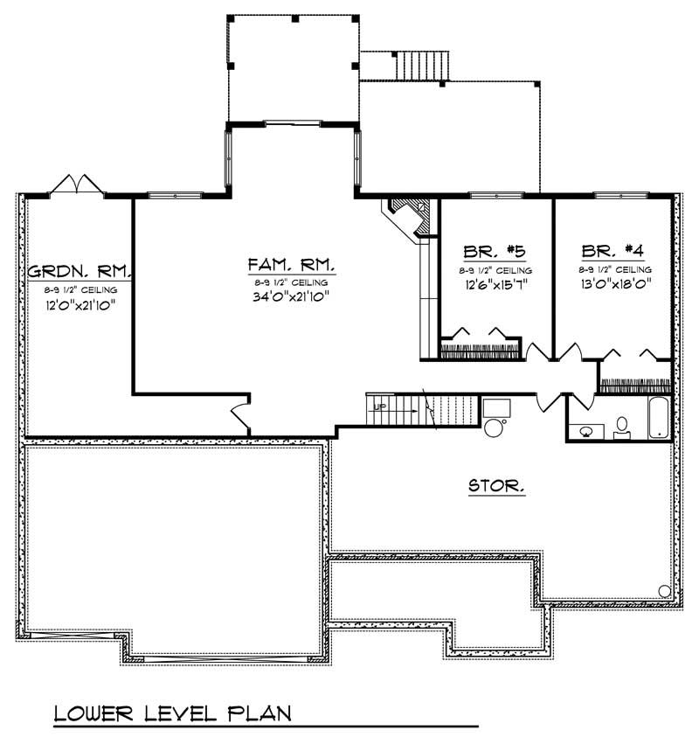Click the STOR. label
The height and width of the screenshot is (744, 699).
click(x=497, y=485)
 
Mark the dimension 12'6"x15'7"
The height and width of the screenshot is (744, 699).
click(x=495, y=286)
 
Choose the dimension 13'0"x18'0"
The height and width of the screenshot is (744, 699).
click(x=614, y=286)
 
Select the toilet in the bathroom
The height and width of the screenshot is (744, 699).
click(x=622, y=426)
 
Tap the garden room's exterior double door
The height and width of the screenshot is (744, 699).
click(x=77, y=184)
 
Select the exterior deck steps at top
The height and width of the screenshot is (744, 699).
click(x=423, y=66)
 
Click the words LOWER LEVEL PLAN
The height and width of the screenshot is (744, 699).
click(x=171, y=714)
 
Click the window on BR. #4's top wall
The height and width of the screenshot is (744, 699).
click(x=614, y=195)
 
